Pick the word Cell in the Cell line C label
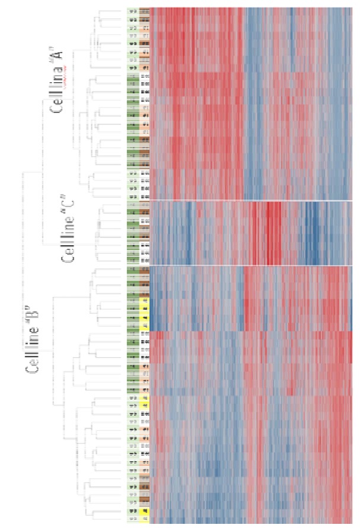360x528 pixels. click(66, 254)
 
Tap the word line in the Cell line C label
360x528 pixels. click(66, 228)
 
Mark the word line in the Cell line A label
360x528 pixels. click(64, 81)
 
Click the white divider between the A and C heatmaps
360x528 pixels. click(249, 200)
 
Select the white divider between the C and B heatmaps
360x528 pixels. click(249, 265)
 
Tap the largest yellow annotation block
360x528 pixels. click(144, 314)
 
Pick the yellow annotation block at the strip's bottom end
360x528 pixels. click(144, 512)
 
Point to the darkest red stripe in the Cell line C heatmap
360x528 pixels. click(270, 232)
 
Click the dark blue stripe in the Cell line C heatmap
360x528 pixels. click(311, 232)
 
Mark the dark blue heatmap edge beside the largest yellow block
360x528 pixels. click(150, 315)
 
